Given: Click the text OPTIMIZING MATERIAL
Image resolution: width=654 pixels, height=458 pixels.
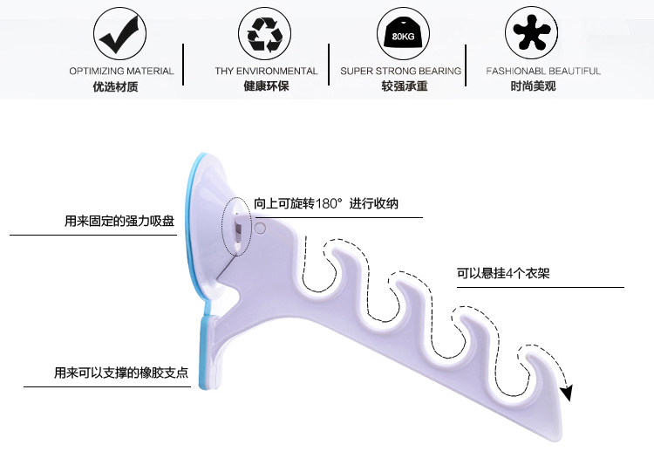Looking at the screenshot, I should [x=121, y=71].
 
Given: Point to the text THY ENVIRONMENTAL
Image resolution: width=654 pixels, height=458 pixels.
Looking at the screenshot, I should [x=266, y=71].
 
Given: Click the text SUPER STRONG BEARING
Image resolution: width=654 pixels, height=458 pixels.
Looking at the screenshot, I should [x=402, y=71].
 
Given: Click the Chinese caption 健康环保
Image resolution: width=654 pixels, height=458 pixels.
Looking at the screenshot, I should [x=266, y=86].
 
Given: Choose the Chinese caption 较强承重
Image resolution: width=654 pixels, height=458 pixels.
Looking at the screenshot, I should [x=402, y=86].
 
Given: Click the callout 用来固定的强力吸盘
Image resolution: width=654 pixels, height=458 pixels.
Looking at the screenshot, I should [x=119, y=222].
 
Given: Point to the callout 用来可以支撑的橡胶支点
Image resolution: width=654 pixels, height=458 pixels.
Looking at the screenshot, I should [x=120, y=373].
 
